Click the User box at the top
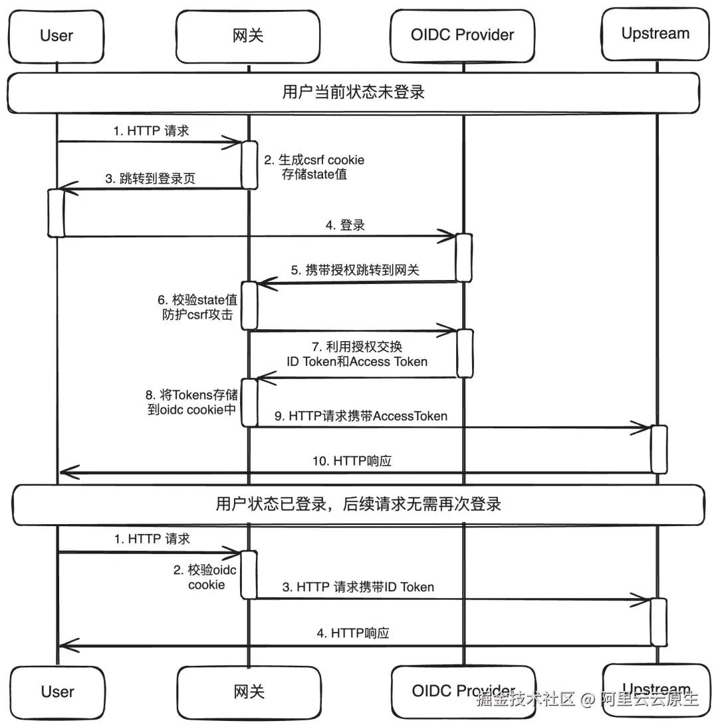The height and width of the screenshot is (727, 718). [x=56, y=37]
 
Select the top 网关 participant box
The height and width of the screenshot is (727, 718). [x=248, y=37]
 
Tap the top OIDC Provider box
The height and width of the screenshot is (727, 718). [x=462, y=36]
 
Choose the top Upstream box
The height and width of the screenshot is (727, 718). [x=656, y=34]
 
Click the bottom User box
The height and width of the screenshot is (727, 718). [x=57, y=692]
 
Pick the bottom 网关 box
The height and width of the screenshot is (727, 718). [x=249, y=692]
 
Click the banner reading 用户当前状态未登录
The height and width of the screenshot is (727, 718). [x=353, y=92]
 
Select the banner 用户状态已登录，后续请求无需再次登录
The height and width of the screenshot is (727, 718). [x=358, y=504]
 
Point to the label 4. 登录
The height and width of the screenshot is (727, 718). [x=345, y=225]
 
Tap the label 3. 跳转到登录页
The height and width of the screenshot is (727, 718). [x=150, y=178]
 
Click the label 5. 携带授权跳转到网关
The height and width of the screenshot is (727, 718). [x=355, y=270]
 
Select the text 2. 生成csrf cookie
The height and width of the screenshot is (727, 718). [x=314, y=160]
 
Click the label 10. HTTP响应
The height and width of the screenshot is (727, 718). [x=352, y=461]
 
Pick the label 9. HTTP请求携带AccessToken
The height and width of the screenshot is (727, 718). [x=361, y=416]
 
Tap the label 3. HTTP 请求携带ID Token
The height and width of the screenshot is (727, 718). [x=358, y=587]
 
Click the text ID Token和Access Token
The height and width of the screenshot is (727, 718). [x=357, y=362]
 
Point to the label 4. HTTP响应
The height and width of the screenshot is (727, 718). [x=353, y=633]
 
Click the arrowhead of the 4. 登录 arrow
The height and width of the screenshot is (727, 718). [x=454, y=236]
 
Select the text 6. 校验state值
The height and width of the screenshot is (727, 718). [x=197, y=300]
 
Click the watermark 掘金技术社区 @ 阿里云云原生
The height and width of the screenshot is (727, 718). [x=587, y=698]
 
